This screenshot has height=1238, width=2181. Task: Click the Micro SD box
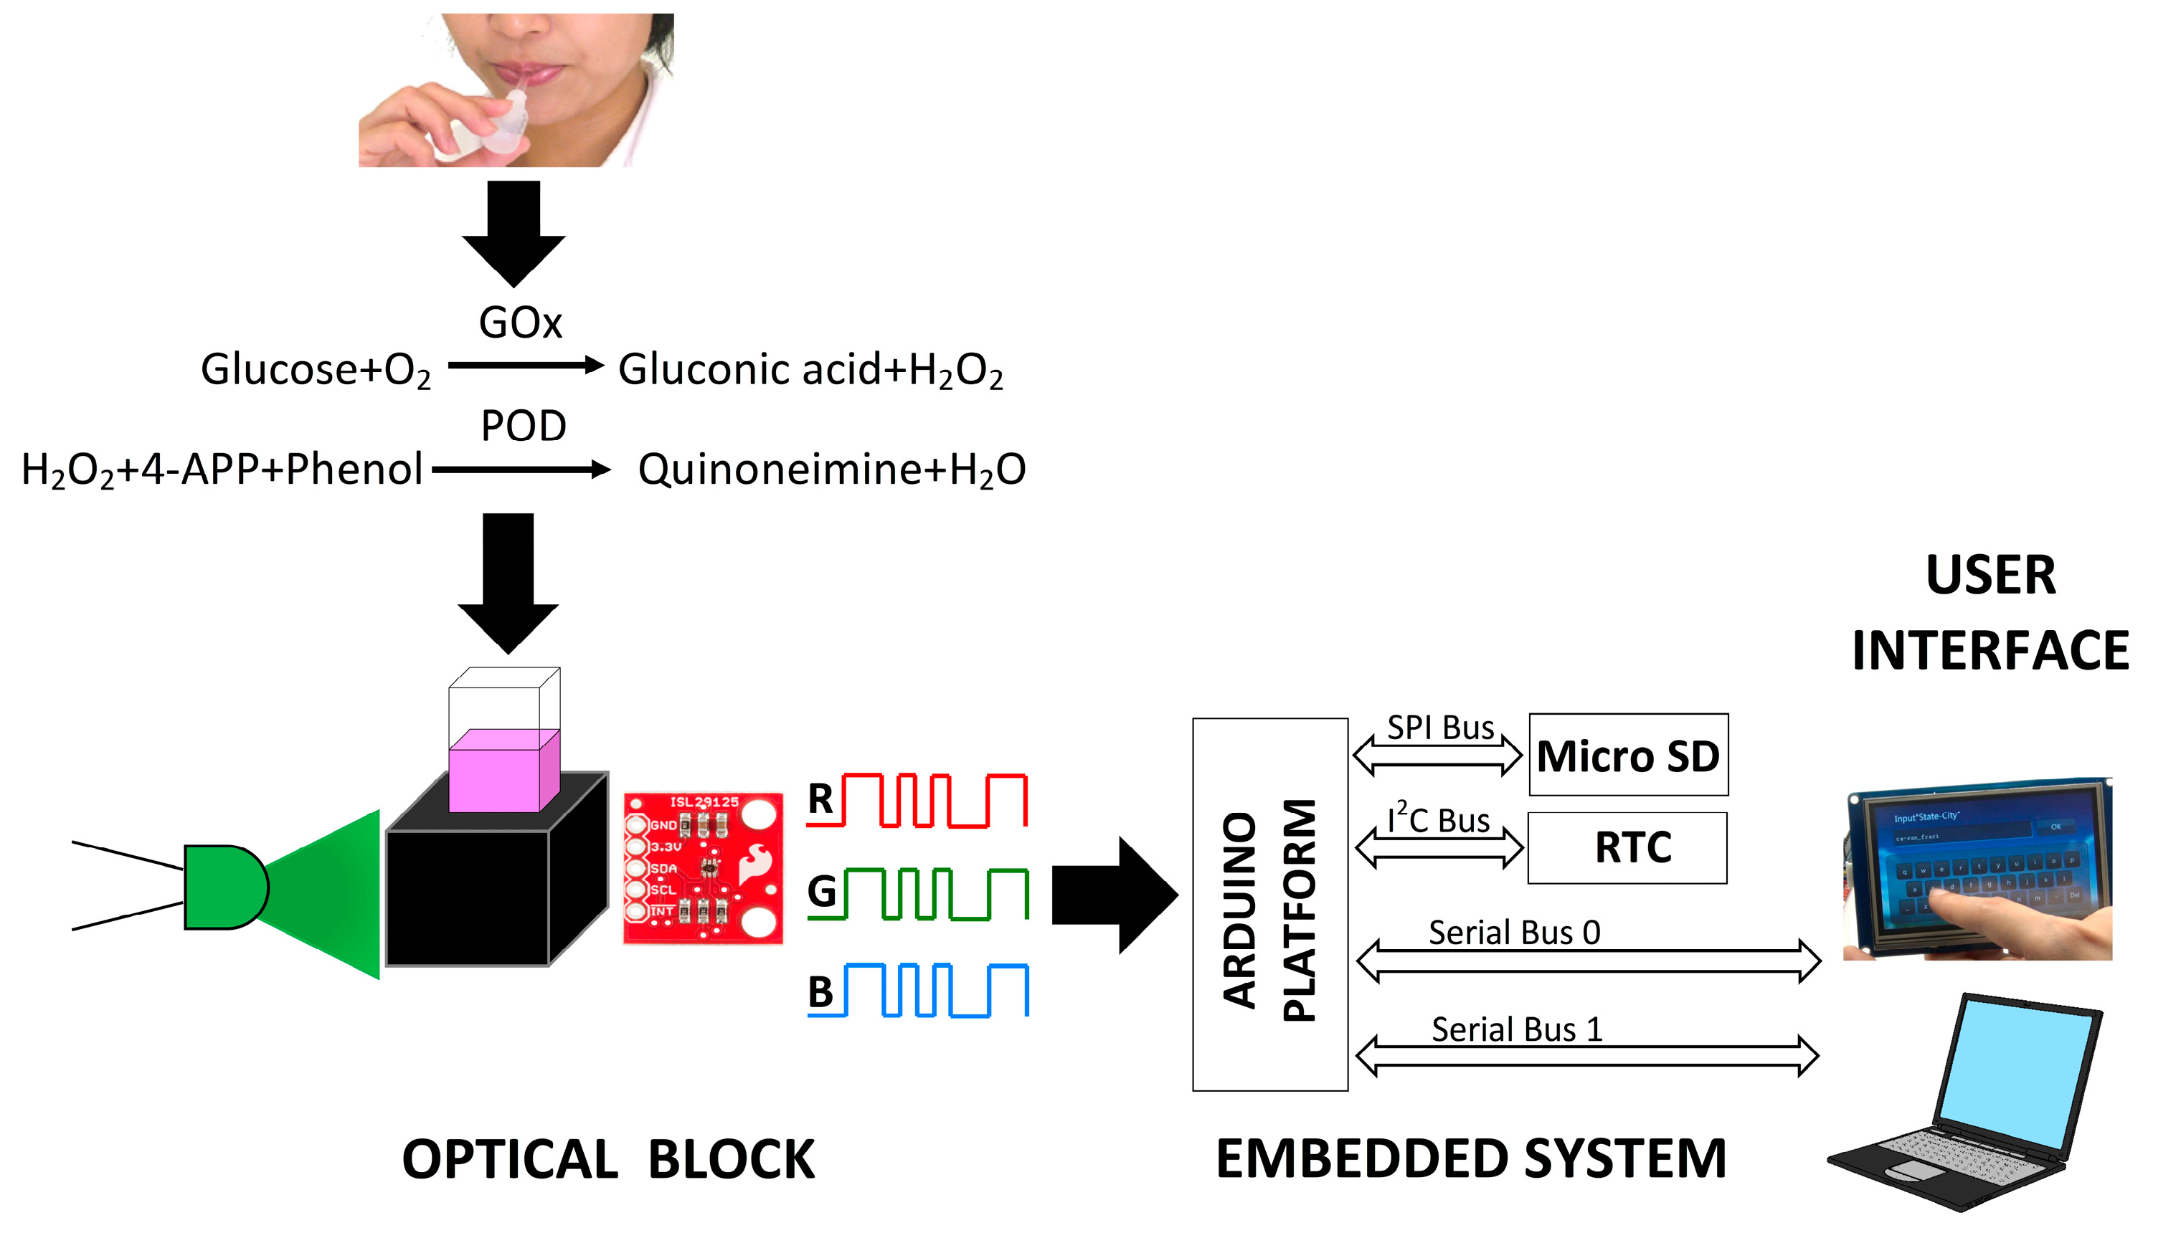click(1627, 756)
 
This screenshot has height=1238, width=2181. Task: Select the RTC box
click(1627, 848)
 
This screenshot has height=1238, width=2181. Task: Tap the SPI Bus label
click(1439, 728)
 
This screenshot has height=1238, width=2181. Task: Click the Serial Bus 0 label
click(1513, 933)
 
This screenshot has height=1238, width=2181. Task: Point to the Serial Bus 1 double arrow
click(1586, 1056)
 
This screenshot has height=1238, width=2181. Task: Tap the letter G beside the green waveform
click(822, 892)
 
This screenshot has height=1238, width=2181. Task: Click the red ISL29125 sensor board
click(703, 868)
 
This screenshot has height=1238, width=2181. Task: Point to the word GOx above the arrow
click(521, 323)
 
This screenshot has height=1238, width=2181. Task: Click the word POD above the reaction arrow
click(523, 426)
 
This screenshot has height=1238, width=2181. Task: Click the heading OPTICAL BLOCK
click(607, 1159)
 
